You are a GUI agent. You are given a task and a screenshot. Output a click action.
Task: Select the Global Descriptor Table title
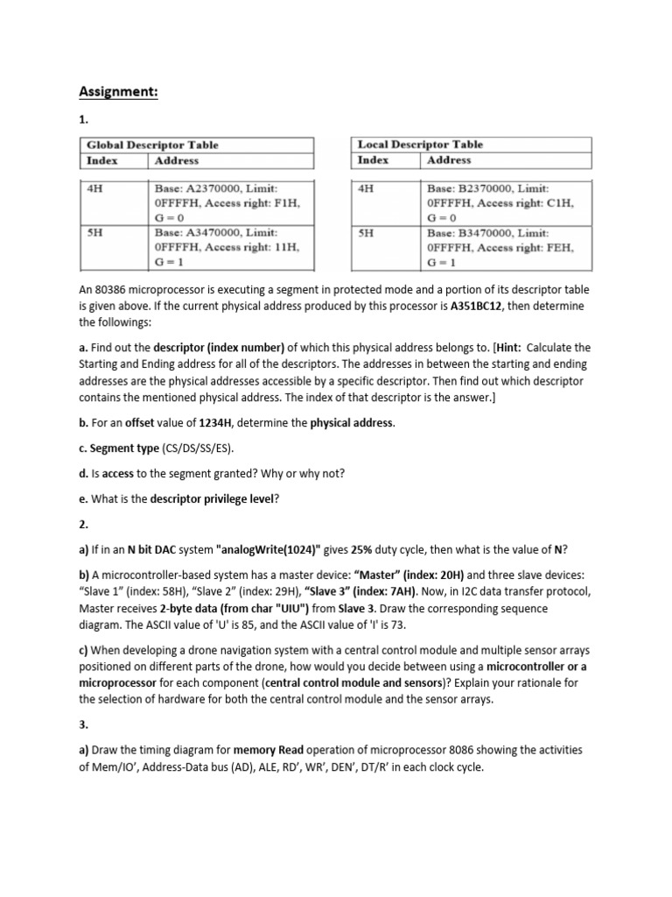(151, 145)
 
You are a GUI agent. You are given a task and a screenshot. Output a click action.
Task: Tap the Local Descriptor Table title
(420, 145)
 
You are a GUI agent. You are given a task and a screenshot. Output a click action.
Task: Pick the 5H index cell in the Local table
(367, 233)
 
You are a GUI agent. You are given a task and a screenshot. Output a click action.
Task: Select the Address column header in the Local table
(448, 160)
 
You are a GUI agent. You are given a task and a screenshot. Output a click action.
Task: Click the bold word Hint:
(493, 348)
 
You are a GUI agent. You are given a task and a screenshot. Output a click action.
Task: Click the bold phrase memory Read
(268, 751)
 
